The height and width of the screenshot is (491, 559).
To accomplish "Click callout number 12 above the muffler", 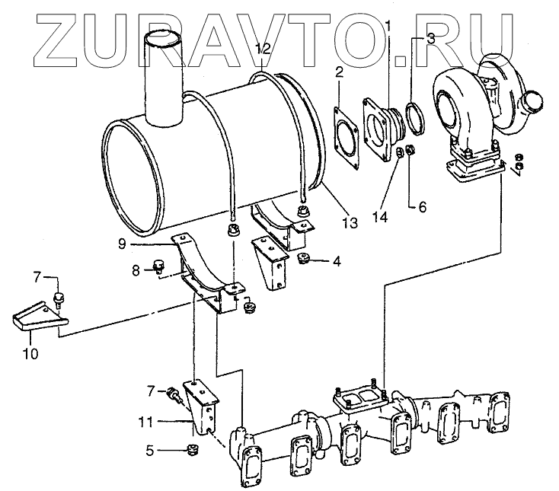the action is click(x=263, y=48).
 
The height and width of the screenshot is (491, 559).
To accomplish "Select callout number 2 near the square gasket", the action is click(x=340, y=73).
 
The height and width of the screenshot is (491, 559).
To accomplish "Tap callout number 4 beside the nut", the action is click(x=336, y=260).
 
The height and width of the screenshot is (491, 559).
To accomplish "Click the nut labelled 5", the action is click(x=192, y=450).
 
